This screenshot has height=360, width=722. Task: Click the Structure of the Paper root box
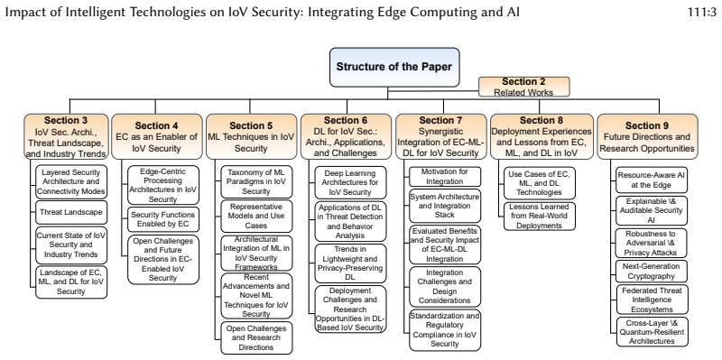point(394,67)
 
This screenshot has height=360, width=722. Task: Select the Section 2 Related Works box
point(524,87)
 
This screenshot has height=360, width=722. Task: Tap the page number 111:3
point(702,12)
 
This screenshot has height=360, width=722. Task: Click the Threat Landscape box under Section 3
point(71,212)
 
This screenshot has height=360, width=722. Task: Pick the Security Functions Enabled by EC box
point(163,220)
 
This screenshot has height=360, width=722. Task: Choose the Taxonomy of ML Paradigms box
point(256,182)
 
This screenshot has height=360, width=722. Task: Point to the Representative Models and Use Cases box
point(256,216)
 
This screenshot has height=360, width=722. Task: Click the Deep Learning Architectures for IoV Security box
point(350,182)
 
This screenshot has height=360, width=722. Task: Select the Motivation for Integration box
point(445,176)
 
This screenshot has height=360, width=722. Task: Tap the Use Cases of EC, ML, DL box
point(540,183)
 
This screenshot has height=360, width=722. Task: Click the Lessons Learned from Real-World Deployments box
point(540,216)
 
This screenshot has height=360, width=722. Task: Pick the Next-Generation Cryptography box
point(652,272)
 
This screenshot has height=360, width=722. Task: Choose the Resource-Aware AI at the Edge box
point(652,180)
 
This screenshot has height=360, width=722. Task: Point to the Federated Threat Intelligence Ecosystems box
point(652,300)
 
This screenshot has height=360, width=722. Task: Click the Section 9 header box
point(647,137)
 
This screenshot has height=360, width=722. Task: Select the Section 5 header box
point(251,137)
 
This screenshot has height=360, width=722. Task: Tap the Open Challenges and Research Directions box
point(256,338)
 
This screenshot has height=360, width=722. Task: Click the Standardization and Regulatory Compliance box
point(445,330)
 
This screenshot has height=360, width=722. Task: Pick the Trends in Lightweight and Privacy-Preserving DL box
point(350,263)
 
